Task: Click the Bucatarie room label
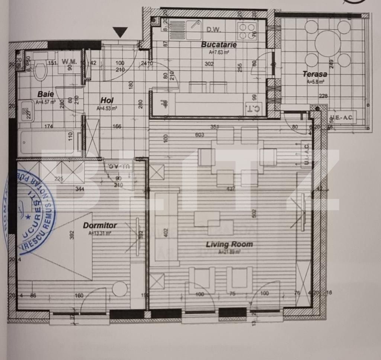(x=219, y=45)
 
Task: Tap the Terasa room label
(x=314, y=74)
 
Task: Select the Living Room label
(x=229, y=244)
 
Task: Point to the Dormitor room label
(x=100, y=225)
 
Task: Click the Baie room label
(x=45, y=94)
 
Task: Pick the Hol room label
(x=107, y=100)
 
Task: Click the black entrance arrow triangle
(x=120, y=32)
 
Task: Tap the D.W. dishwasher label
(x=214, y=29)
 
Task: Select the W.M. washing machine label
(x=69, y=62)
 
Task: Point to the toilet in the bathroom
(x=40, y=70)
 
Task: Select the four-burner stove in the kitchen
(x=247, y=31)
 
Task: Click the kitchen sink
(x=193, y=26)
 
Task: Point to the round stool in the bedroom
(x=120, y=289)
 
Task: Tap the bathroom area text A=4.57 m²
(x=45, y=102)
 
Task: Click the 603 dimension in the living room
(x=199, y=135)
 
